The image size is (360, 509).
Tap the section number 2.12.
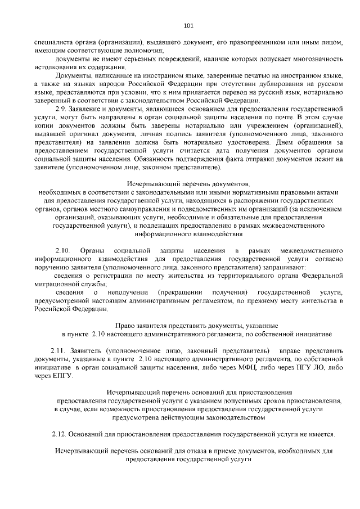pyautogui.click(x=59, y=434)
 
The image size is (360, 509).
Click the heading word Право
pyautogui.click(x=125, y=325)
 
